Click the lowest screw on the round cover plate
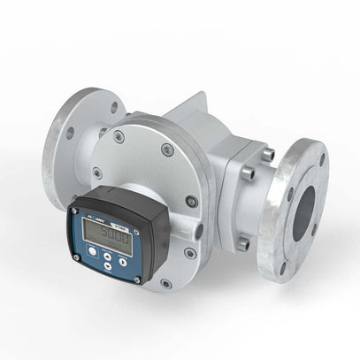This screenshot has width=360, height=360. pyautogui.click(x=165, y=284)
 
